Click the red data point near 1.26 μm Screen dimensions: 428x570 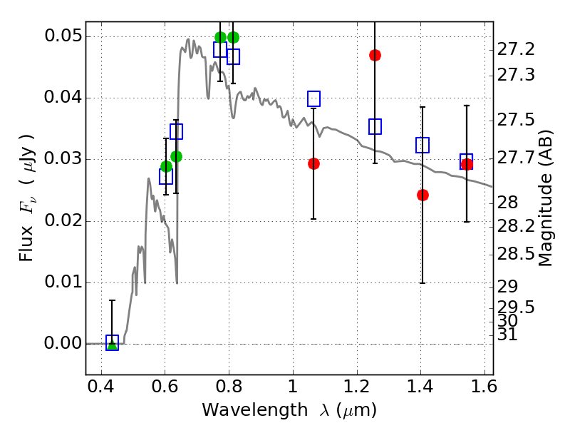(x=375, y=55)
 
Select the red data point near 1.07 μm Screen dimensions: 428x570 (x=313, y=163)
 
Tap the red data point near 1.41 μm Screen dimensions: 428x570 (x=423, y=195)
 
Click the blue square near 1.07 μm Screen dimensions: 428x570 (x=313, y=98)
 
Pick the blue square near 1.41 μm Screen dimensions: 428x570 (x=423, y=145)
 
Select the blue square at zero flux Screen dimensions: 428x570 (x=112, y=343)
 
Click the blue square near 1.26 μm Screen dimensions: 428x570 (x=375, y=126)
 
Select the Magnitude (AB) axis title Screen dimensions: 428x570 (x=546, y=198)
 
